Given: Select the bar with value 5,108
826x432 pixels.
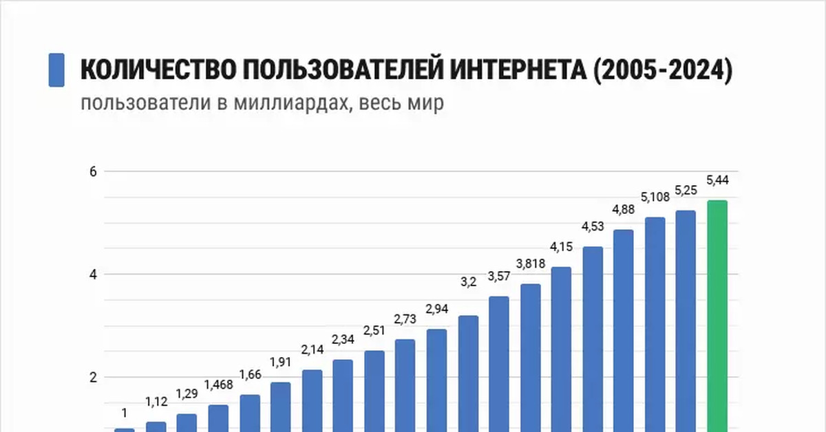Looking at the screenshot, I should (x=655, y=323).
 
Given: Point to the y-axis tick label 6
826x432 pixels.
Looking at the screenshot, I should (x=93, y=171).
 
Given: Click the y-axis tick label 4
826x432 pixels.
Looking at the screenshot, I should (x=93, y=274).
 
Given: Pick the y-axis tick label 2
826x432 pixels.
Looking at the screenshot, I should (x=93, y=377).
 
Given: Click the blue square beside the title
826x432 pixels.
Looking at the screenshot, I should (x=56, y=70).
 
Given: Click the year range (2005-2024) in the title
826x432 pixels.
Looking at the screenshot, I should (x=661, y=70).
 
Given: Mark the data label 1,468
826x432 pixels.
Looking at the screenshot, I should (x=218, y=385).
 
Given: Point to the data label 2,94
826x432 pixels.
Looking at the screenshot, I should (x=437, y=308).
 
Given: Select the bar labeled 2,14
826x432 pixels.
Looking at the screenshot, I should (x=312, y=400).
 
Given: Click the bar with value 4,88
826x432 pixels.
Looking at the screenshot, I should (x=624, y=330).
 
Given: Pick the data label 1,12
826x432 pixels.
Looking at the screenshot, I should (x=156, y=400).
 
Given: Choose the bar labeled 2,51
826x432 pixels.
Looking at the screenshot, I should (x=374, y=391).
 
